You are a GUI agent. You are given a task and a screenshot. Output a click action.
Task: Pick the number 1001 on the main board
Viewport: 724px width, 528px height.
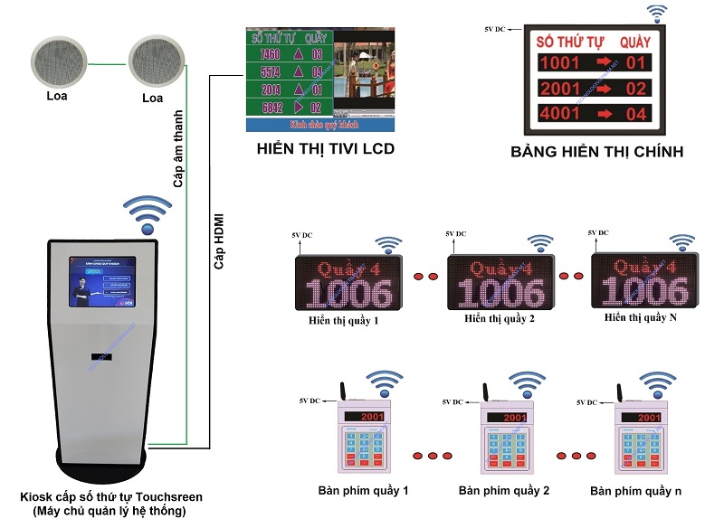559,62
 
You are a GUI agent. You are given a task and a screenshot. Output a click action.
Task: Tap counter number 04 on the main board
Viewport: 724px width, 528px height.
637,114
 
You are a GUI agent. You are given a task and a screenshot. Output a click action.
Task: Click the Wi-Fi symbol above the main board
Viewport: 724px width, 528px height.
656,13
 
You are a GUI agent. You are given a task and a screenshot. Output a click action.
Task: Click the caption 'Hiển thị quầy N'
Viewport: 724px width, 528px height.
640,320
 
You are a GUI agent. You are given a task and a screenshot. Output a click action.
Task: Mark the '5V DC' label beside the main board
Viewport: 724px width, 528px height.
496,31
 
